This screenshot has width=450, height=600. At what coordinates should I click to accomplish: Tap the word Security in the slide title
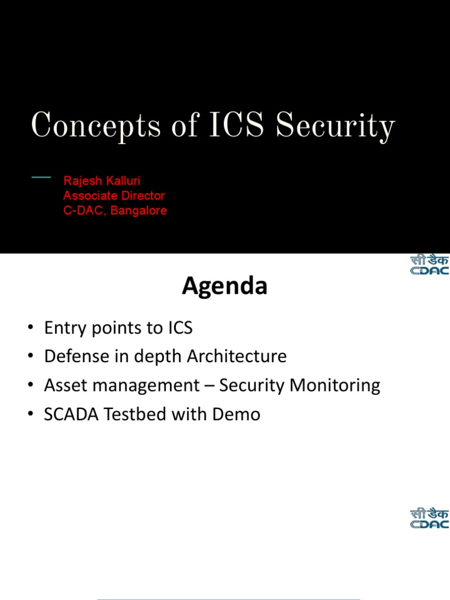pos(335,127)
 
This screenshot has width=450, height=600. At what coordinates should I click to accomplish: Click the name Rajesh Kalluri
pos(102,181)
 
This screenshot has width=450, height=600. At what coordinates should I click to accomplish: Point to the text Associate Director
pos(114,196)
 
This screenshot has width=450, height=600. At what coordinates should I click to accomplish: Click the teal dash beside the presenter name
pos(42,176)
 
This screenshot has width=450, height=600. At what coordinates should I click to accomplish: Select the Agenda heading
pos(224,286)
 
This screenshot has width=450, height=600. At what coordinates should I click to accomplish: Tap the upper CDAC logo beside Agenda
pos(429,265)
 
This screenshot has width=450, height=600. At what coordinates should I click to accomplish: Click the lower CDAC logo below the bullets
pos(429,519)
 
